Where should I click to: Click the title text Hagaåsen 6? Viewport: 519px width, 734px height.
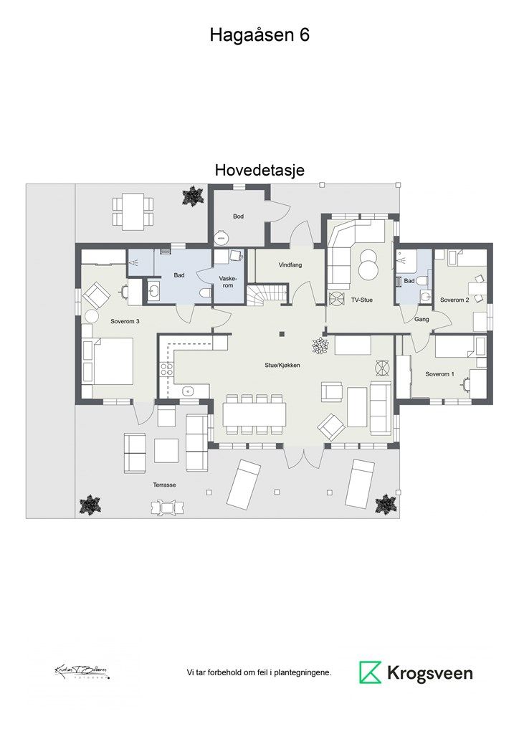(259, 35)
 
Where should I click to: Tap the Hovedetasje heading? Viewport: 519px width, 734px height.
(259, 171)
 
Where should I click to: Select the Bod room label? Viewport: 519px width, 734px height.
(239, 216)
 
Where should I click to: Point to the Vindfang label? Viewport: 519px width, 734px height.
(290, 265)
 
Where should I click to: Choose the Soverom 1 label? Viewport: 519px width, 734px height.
(439, 374)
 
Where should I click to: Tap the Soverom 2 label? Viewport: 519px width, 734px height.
(454, 300)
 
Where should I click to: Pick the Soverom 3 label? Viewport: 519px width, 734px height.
(125, 321)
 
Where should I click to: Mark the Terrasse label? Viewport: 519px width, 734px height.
(164, 485)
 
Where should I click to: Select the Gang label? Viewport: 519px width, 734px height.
(422, 320)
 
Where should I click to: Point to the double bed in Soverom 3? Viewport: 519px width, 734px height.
(108, 361)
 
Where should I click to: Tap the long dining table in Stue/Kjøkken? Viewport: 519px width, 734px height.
(254, 414)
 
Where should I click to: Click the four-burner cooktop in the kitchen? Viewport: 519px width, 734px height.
(166, 370)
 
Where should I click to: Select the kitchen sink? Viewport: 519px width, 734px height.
(188, 391)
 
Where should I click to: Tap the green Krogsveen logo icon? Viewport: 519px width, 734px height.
(370, 672)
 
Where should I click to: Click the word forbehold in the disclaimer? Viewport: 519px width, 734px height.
(224, 672)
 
